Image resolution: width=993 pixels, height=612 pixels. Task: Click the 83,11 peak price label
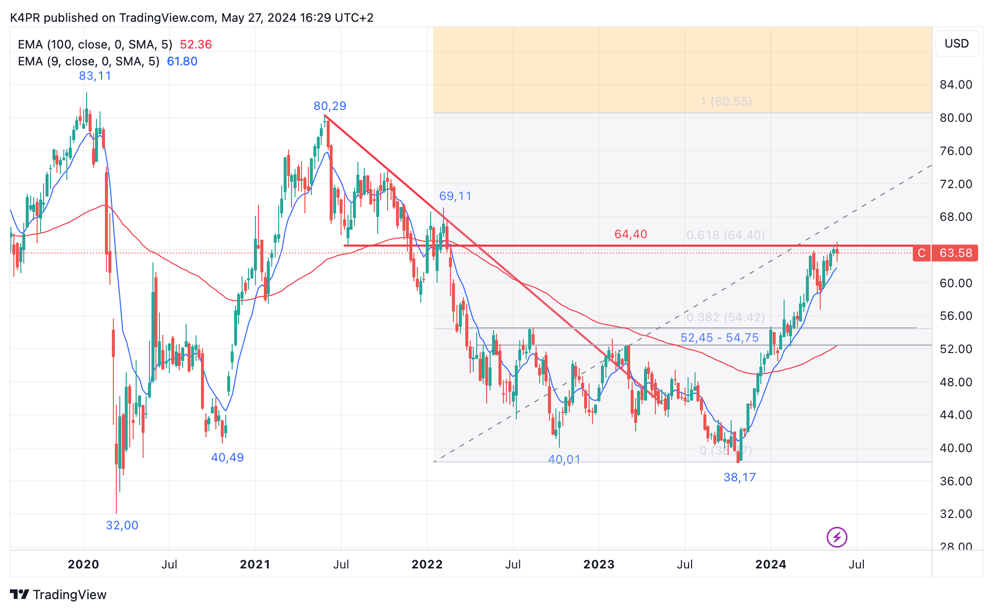click(95, 76)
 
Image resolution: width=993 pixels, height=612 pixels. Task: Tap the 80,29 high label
click(330, 106)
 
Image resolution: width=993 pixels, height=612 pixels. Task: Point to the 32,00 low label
click(122, 525)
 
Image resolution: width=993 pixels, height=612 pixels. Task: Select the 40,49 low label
click(227, 458)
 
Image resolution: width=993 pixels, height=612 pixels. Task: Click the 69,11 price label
click(455, 196)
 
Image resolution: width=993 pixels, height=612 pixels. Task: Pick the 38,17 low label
click(740, 477)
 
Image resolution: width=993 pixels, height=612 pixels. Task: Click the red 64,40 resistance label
click(631, 234)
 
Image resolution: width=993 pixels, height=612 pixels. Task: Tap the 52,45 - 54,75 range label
click(719, 338)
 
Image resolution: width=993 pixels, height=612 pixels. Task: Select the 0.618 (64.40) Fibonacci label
click(725, 235)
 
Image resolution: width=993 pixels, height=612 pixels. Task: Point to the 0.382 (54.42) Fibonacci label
click(725, 317)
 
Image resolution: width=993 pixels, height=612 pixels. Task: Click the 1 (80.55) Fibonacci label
click(726, 102)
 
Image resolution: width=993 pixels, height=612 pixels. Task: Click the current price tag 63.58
click(955, 253)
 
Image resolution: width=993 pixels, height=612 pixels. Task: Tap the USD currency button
click(956, 44)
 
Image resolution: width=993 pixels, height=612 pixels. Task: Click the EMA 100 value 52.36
click(196, 45)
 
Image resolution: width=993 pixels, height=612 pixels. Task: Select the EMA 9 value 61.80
click(182, 61)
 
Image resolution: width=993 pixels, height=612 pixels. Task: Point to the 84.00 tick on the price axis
click(956, 85)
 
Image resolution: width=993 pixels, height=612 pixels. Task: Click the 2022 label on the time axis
click(427, 564)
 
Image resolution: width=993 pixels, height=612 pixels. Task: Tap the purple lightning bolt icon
click(837, 537)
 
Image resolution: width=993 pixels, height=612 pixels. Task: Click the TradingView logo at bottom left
click(58, 595)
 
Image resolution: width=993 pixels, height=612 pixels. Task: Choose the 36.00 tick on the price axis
click(956, 481)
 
